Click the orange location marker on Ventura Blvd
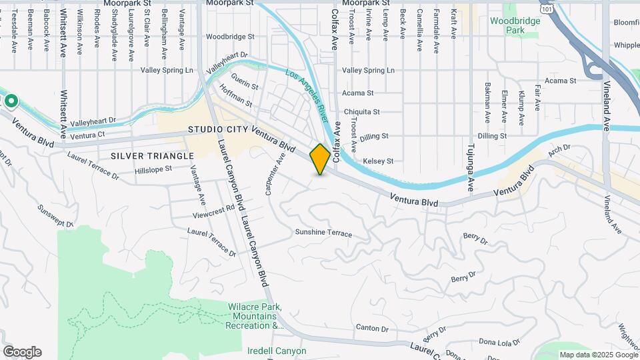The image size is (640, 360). point(320,159)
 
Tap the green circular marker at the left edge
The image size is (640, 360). point(11,101)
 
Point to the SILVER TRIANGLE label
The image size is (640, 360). point(152,155)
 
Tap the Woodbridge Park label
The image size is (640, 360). point(515,25)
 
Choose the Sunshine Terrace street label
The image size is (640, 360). point(323,233)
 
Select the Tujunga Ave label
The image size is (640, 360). point(470,167)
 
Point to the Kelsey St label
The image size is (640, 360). point(378,161)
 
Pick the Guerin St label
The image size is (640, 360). point(244,85)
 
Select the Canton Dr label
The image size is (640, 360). point(372,328)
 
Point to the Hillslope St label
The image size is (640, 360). point(153,169)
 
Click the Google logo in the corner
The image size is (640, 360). point(22,352)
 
